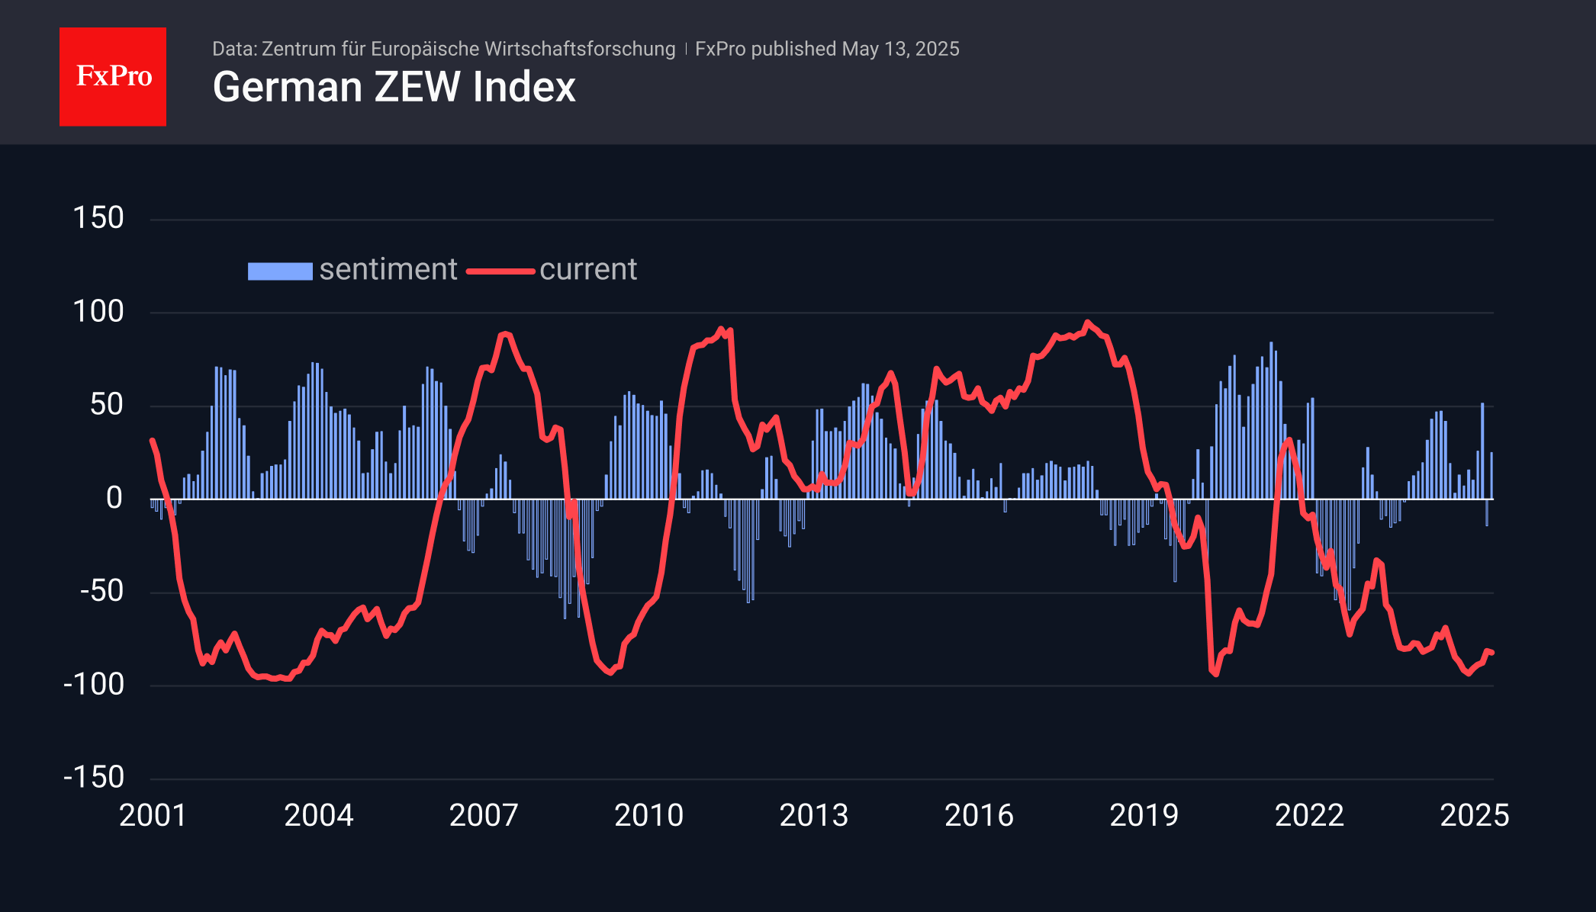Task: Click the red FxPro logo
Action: pos(113,76)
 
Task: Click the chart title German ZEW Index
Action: pos(394,87)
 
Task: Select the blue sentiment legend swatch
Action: pos(280,271)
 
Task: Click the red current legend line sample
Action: pos(500,271)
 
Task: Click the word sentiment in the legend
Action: pos(388,269)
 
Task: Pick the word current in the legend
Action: pos(588,269)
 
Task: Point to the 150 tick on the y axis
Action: pos(98,218)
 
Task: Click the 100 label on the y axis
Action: pos(98,311)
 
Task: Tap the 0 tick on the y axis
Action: pos(114,498)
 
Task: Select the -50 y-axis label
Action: pos(101,591)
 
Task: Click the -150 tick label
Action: pos(94,777)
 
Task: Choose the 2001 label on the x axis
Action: pos(153,815)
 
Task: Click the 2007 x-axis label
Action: pos(484,815)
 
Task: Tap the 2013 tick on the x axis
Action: pos(814,815)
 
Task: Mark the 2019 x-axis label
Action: pos(1144,815)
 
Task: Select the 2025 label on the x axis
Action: pos(1474,815)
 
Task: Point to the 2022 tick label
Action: pos(1309,815)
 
